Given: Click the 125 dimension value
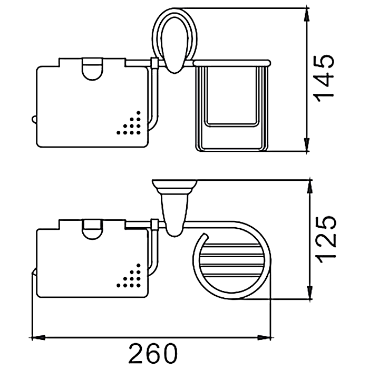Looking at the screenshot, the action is coord(325,239).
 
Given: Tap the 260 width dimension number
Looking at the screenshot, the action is coord(153,354).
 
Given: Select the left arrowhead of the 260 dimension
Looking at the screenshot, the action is coord(38,338).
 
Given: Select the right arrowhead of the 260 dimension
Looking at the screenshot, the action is coord(264,338).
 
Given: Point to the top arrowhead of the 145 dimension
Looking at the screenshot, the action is coord(307,15).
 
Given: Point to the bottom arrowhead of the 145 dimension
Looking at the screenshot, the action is coord(307,144).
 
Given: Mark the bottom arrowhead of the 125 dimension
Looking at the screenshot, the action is coord(310,293).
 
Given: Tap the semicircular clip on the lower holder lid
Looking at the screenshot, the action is coord(92,229).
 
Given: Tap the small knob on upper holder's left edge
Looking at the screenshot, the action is coord(34,120).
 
